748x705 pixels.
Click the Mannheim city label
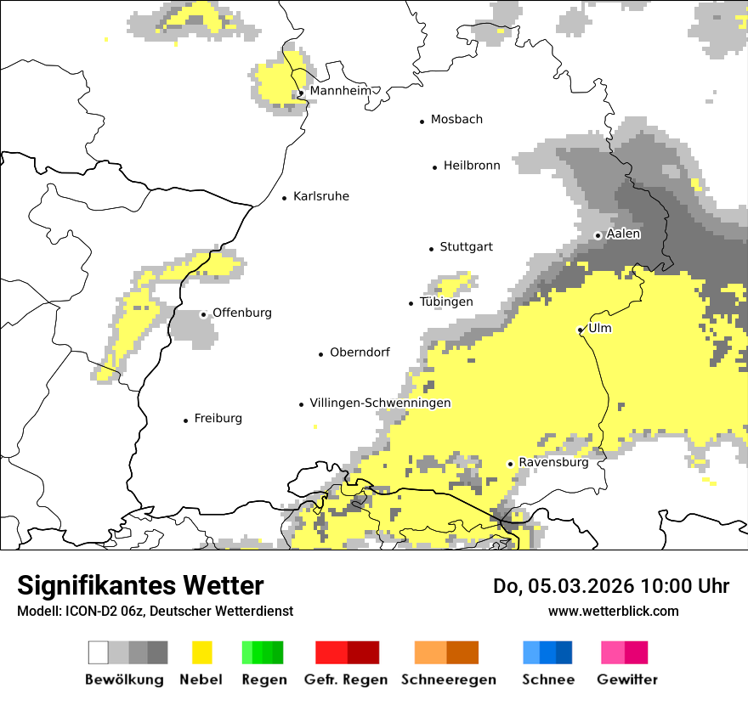[x=341, y=91]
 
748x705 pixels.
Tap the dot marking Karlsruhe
[x=285, y=198]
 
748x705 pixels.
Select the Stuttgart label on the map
[x=466, y=247]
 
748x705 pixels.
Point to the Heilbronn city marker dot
[x=435, y=167]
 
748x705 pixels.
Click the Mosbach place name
[x=456, y=120]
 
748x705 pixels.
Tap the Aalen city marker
[x=598, y=235]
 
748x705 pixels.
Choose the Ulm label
[x=600, y=328]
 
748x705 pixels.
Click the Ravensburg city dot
[x=510, y=464]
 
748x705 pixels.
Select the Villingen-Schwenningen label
[x=380, y=403]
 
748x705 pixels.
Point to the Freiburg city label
[x=218, y=419]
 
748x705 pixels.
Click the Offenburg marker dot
[x=203, y=314]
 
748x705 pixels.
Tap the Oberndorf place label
[x=360, y=352]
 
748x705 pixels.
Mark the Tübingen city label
[x=446, y=302]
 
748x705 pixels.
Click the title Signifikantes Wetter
[x=140, y=585]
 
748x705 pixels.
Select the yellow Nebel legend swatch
[x=201, y=652]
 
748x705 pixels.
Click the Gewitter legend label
[x=627, y=680]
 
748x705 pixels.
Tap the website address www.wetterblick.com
[x=613, y=611]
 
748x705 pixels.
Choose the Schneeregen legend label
[x=449, y=680]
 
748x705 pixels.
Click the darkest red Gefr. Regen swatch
[x=363, y=652]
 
